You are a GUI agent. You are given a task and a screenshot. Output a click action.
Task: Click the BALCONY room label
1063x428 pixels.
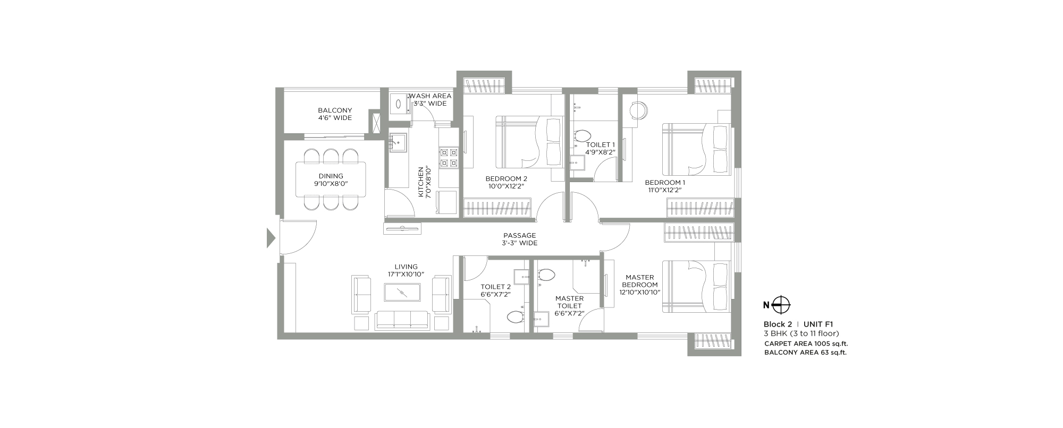pyautogui.click(x=335, y=110)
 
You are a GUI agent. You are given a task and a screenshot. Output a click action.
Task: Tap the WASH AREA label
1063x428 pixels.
pyautogui.click(x=430, y=96)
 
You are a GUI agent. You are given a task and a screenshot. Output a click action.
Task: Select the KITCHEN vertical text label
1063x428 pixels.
pyautogui.click(x=421, y=182)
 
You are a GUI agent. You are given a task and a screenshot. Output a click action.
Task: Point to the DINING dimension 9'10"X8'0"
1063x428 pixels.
pyautogui.click(x=331, y=184)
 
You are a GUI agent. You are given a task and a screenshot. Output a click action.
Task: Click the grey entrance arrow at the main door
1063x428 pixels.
pyautogui.click(x=271, y=238)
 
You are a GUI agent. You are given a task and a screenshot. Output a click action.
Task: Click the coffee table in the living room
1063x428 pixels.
pyautogui.click(x=402, y=293)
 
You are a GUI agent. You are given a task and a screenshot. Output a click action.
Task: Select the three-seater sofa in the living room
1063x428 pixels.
pyautogui.click(x=402, y=320)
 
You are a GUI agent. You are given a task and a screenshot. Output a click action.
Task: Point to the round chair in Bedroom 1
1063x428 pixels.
pyautogui.click(x=638, y=111)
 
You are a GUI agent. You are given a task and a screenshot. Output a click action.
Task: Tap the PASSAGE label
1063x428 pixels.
pyautogui.click(x=520, y=235)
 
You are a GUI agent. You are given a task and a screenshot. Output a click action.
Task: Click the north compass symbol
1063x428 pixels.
pyautogui.click(x=781, y=305)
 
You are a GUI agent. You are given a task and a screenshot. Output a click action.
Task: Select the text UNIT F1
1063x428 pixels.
pyautogui.click(x=818, y=324)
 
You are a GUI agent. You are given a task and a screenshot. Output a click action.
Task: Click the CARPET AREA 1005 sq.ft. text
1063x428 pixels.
pyautogui.click(x=806, y=344)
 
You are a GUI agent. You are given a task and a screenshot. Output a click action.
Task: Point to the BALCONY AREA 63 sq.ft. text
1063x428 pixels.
pyautogui.click(x=805, y=352)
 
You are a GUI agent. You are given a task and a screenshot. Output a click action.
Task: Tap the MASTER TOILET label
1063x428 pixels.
pyautogui.click(x=569, y=302)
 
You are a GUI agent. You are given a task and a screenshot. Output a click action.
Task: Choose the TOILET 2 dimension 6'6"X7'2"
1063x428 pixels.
pyautogui.click(x=495, y=294)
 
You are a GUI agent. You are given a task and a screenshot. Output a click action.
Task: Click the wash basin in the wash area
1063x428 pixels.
pyautogui.click(x=398, y=104)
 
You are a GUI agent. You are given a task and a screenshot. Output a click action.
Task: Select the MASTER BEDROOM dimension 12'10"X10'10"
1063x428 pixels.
pyautogui.click(x=640, y=292)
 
